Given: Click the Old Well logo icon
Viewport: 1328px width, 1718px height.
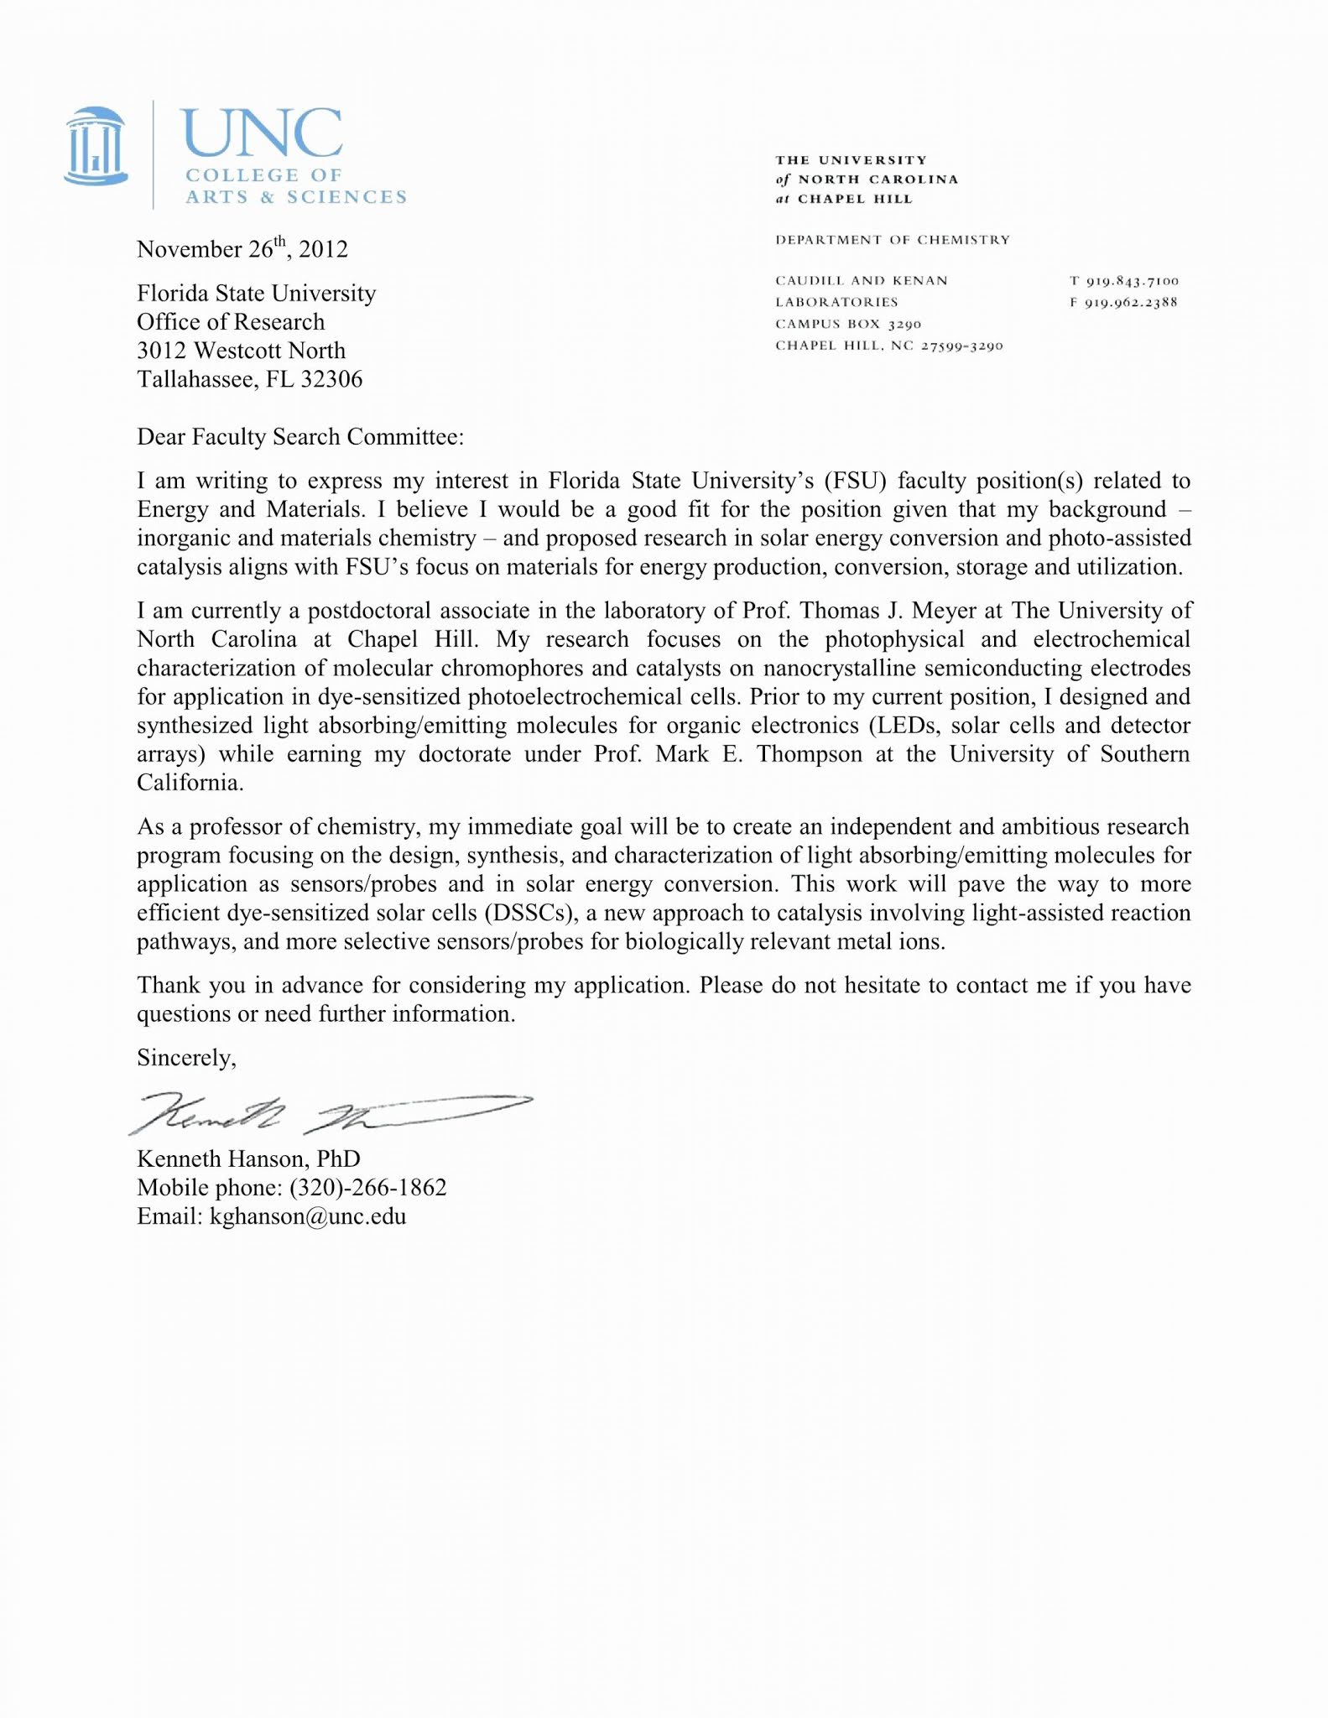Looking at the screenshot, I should point(96,147).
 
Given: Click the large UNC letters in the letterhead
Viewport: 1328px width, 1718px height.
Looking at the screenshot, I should point(263,134).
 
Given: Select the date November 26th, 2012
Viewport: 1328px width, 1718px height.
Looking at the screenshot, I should point(242,249).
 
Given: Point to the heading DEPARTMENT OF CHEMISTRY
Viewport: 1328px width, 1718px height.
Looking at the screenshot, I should point(893,240).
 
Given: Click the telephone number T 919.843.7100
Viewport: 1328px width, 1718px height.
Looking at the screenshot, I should point(1124,281).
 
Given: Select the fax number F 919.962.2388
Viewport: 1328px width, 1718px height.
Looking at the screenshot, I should point(1124,302).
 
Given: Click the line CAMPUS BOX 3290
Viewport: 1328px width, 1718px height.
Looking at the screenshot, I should point(848,324).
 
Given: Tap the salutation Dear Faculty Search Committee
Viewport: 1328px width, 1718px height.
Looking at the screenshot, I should point(299,437).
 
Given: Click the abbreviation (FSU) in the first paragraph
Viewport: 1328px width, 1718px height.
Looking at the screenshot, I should point(854,482).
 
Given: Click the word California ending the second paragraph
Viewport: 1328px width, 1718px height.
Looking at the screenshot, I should point(190,783).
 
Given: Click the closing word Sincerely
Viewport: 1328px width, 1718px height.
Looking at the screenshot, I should point(186,1059).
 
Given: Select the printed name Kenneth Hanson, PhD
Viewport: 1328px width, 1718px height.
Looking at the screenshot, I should point(248,1159).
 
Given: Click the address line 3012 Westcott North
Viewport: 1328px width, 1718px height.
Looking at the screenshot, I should point(241,351).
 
